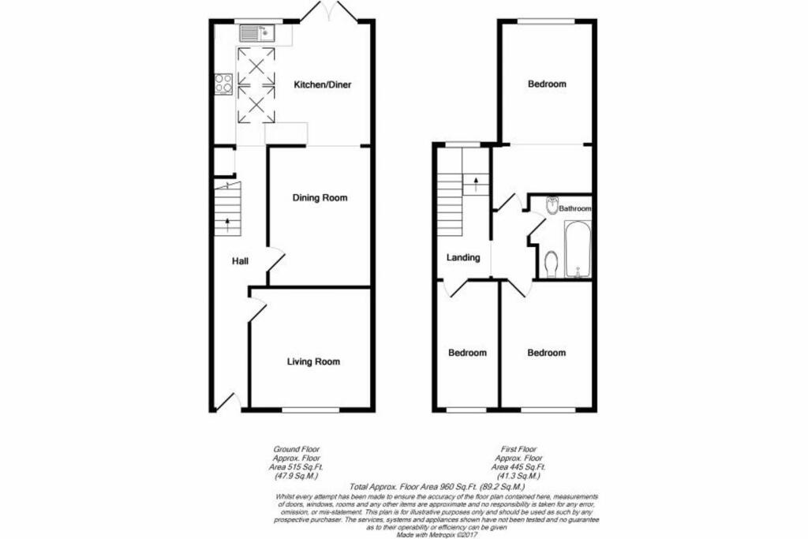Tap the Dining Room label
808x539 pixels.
pyautogui.click(x=320, y=198)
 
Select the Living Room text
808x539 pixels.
pyautogui.click(x=313, y=362)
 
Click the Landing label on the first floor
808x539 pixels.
pyautogui.click(x=463, y=257)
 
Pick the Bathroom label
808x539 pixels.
pyautogui.click(x=574, y=209)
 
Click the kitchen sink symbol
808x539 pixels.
pyautogui.click(x=255, y=33)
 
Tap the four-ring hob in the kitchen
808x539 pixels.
pyautogui.click(x=223, y=84)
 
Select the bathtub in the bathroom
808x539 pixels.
pyautogui.click(x=578, y=249)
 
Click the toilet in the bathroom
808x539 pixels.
pyautogui.click(x=552, y=263)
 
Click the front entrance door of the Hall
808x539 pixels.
pyautogui.click(x=228, y=402)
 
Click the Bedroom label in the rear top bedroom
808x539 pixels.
pyautogui.click(x=546, y=84)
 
